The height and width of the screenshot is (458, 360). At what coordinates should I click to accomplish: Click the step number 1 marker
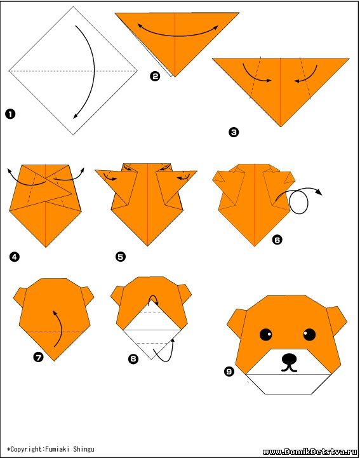(10, 114)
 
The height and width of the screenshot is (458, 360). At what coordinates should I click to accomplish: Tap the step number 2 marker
(155, 76)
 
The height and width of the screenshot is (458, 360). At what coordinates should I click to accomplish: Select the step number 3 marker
(234, 132)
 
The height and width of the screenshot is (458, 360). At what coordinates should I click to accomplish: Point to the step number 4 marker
(15, 257)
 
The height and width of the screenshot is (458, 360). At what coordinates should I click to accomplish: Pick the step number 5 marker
(121, 257)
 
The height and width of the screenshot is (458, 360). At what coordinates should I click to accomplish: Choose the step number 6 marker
(277, 240)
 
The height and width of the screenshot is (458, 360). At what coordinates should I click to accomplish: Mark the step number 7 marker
(39, 356)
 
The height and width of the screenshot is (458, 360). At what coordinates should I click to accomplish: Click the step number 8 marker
(133, 358)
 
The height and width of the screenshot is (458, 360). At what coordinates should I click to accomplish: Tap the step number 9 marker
(229, 371)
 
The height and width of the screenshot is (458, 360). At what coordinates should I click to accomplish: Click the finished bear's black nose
(290, 359)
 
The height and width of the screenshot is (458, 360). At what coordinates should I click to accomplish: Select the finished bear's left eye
(265, 334)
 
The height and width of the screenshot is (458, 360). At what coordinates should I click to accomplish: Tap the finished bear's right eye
(309, 334)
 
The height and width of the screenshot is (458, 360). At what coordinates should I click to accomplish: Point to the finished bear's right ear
(337, 321)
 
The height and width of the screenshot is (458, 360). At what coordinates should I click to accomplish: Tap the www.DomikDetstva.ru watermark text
(310, 452)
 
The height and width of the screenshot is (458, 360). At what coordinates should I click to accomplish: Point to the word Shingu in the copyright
(84, 449)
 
